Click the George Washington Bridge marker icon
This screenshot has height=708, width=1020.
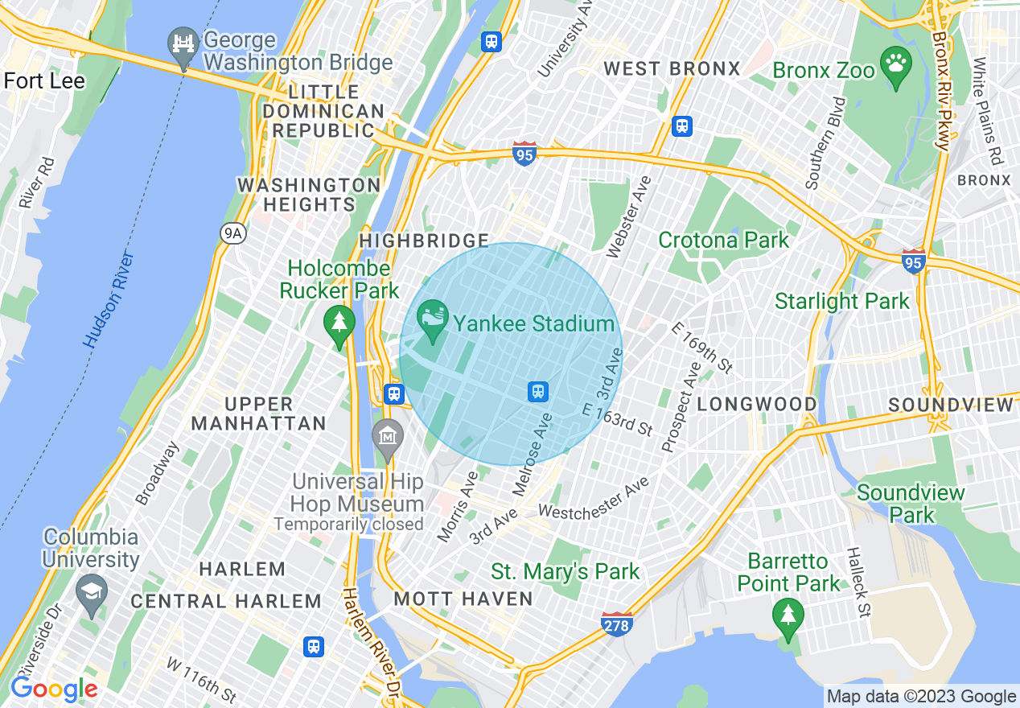[x=184, y=44]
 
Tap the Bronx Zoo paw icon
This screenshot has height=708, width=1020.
[x=896, y=64]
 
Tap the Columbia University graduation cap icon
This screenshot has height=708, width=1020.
[x=91, y=593]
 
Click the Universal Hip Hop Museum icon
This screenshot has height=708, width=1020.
[x=388, y=437]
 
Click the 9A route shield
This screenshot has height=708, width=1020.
[x=232, y=233]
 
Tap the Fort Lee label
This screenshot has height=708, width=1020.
[x=44, y=80]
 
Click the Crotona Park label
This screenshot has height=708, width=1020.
[x=723, y=240]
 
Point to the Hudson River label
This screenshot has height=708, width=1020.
[x=109, y=300]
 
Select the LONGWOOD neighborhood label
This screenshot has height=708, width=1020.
[x=757, y=404]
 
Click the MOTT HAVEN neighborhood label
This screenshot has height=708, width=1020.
[x=463, y=599]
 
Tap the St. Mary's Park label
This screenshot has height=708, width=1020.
[x=565, y=572]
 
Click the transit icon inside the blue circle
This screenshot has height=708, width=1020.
[x=538, y=391]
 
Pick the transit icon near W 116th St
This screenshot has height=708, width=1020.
[x=314, y=646]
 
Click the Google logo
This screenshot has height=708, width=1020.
[x=54, y=689]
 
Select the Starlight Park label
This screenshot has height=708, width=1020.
[x=841, y=302]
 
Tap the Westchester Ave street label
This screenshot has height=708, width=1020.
[x=594, y=500]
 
